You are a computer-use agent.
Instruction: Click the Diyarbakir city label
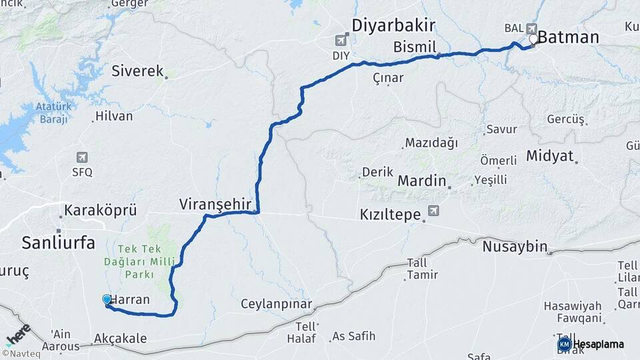393,25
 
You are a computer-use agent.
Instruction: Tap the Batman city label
568,37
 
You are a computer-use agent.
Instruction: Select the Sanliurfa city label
58,242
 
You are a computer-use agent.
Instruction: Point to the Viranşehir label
219,204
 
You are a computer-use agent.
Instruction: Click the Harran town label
129,300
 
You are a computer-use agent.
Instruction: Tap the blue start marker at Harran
107,300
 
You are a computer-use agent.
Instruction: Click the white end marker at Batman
533,39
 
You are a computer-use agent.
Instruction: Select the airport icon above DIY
344,39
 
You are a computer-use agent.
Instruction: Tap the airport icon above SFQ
82,157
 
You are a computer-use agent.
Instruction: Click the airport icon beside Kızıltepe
434,211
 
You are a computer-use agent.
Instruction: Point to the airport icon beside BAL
531,28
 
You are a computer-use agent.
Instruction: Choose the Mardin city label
421,181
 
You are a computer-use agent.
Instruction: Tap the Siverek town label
137,70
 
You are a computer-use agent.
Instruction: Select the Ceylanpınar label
277,304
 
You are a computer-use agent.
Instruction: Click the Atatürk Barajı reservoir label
52,113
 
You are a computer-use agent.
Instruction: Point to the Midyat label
549,155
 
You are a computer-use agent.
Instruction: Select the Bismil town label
414,47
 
